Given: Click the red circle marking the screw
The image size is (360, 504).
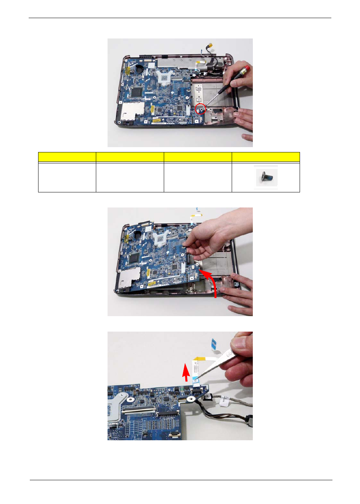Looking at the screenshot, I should pos(200,109).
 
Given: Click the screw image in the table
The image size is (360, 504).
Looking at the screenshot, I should pos(266,177).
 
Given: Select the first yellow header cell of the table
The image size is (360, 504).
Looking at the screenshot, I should pos(67,157).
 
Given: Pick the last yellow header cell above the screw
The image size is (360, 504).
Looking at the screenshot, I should pos(266,157).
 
